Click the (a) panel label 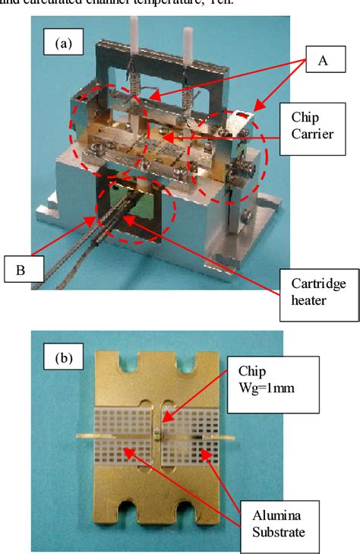tap(63, 43)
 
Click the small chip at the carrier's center tap(156, 435)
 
